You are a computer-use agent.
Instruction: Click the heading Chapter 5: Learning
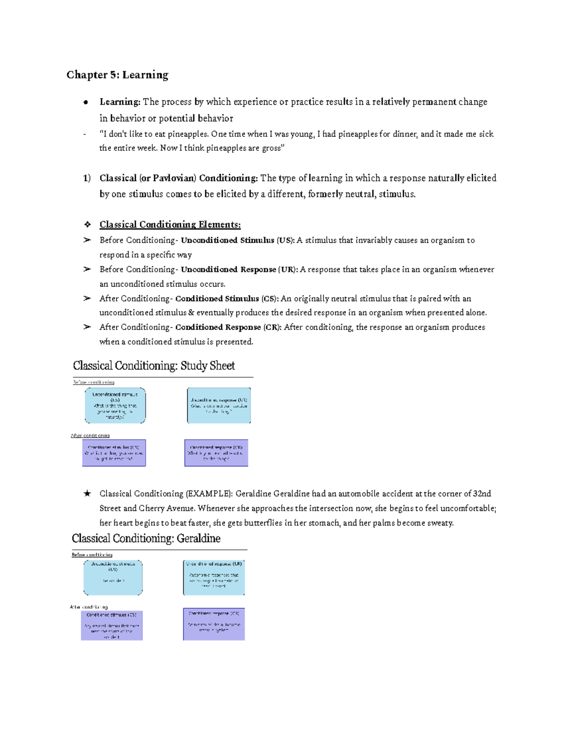tap(117, 75)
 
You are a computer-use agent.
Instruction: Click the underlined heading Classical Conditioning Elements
tap(170, 225)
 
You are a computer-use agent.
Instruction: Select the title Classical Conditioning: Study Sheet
tap(154, 366)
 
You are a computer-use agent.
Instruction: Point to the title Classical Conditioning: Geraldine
tap(146, 538)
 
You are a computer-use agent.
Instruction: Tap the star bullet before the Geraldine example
tap(87, 494)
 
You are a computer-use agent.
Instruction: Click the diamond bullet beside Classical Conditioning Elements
tap(87, 225)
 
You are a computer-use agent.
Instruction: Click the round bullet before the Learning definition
tap(86, 102)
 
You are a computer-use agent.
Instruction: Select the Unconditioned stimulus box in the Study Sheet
tap(115, 405)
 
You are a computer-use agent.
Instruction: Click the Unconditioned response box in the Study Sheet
tap(219, 405)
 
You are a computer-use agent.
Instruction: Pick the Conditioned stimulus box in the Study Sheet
tap(114, 453)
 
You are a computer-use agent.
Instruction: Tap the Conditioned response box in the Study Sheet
tap(216, 453)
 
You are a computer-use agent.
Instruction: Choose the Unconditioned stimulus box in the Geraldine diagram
tap(113, 577)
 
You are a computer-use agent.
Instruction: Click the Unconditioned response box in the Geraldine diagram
tap(214, 577)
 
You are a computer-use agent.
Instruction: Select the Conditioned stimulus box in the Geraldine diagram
tap(111, 625)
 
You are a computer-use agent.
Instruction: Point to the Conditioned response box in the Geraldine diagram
tap(214, 624)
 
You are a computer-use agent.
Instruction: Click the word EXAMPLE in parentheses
tap(209, 494)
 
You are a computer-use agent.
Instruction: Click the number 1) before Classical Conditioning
tap(87, 178)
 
